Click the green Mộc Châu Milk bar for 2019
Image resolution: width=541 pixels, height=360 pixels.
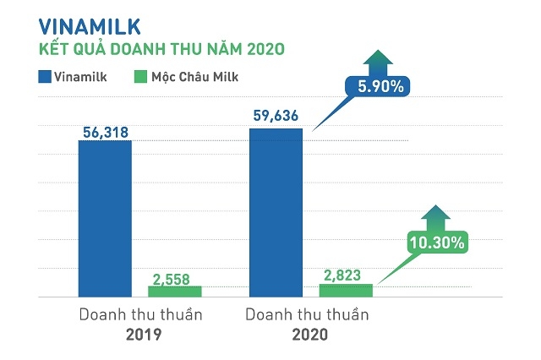(x=174, y=292)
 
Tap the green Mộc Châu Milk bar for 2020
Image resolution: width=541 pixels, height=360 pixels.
(x=345, y=291)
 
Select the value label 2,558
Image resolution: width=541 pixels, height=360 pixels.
(x=174, y=277)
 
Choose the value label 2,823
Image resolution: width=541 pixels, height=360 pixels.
(x=345, y=275)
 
